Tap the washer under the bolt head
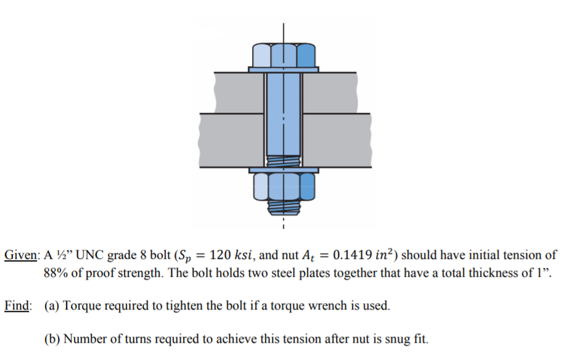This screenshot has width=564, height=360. point(284,69)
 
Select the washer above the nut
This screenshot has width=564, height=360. point(284,169)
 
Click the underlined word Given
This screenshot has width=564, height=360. point(22,255)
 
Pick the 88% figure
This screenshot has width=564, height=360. point(55,273)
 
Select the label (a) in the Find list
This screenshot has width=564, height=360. point(52,305)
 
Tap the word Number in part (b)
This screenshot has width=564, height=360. point(84,338)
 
